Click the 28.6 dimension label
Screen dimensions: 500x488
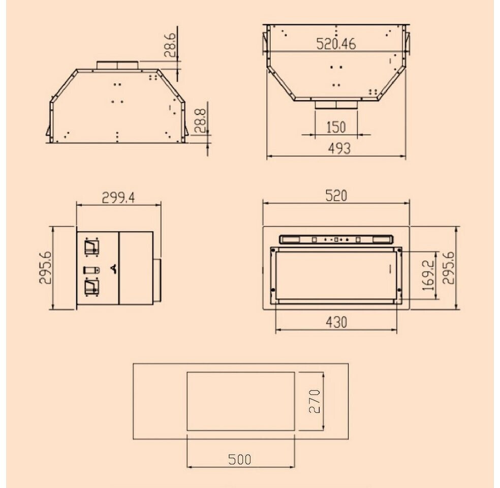tap(169, 45)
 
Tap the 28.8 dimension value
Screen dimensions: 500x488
tap(200, 121)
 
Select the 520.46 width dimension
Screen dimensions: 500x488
tap(336, 44)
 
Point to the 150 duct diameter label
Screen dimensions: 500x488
tap(336, 127)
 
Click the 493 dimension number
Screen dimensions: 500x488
tap(339, 148)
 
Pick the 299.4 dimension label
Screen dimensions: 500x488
tap(118, 198)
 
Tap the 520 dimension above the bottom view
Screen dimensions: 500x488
tap(336, 196)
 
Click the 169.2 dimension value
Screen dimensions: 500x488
tap(428, 275)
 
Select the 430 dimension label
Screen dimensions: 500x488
tap(336, 322)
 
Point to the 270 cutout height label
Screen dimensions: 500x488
tap(315, 401)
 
